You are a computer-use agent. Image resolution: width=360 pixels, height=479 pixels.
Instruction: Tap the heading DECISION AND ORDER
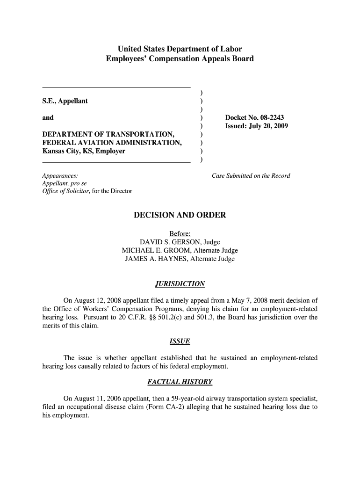pyautogui.click(x=180, y=215)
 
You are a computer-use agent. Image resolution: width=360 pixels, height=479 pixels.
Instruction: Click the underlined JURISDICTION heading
pyautogui.click(x=180, y=284)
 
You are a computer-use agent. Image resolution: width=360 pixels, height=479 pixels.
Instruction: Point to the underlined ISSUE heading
pyautogui.click(x=180, y=341)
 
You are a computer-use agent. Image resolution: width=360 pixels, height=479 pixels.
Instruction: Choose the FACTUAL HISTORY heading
pyautogui.click(x=180, y=382)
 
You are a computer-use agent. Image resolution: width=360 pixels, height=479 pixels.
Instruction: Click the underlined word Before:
pyautogui.click(x=180, y=234)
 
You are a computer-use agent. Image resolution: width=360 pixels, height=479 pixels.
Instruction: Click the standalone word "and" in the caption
pyautogui.click(x=48, y=117)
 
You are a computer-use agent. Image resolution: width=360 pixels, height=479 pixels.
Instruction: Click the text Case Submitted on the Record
pyautogui.click(x=251, y=175)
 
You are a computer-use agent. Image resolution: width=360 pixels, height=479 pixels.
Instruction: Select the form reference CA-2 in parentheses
pyautogui.click(x=194, y=407)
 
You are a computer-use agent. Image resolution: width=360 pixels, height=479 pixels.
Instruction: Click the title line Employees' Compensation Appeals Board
pyautogui.click(x=180, y=59)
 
